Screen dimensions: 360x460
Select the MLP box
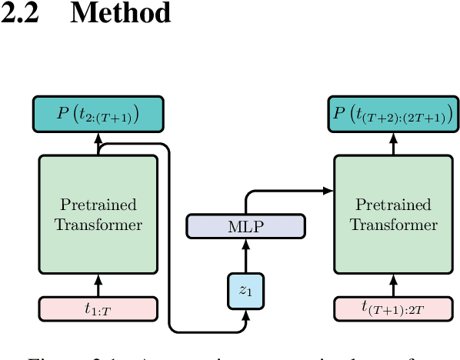tap(246, 226)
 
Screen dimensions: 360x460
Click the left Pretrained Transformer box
tap(98, 214)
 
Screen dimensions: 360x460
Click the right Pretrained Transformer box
tap(393, 214)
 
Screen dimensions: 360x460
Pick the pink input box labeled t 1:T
tap(98, 308)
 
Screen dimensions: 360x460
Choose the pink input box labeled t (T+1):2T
tap(393, 308)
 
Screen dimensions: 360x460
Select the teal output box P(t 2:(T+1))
tap(98, 115)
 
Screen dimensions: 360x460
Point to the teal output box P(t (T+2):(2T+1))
tap(393, 115)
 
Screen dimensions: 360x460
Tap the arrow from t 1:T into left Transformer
tap(98, 285)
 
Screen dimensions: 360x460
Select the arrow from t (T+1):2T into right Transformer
tap(393, 285)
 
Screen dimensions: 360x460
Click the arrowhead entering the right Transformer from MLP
tap(328, 190)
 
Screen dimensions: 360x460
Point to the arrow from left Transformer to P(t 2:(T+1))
tap(98, 143)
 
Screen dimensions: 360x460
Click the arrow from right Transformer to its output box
tap(393, 143)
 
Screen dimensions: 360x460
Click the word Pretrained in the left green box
tap(98, 205)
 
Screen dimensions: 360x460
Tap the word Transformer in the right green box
tap(393, 225)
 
